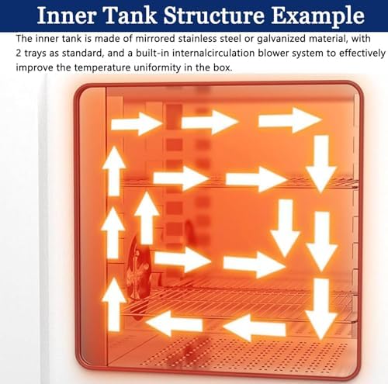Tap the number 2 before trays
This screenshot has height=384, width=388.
coord(19,53)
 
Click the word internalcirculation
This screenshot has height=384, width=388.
coord(213,53)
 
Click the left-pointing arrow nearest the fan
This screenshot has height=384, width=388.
coord(174,323)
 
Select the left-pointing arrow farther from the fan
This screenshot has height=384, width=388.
coord(254,327)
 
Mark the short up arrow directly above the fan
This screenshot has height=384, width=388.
coord(147,218)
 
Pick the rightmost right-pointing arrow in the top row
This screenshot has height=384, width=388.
coord(290,120)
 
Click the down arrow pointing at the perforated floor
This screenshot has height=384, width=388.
coord(321,309)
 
